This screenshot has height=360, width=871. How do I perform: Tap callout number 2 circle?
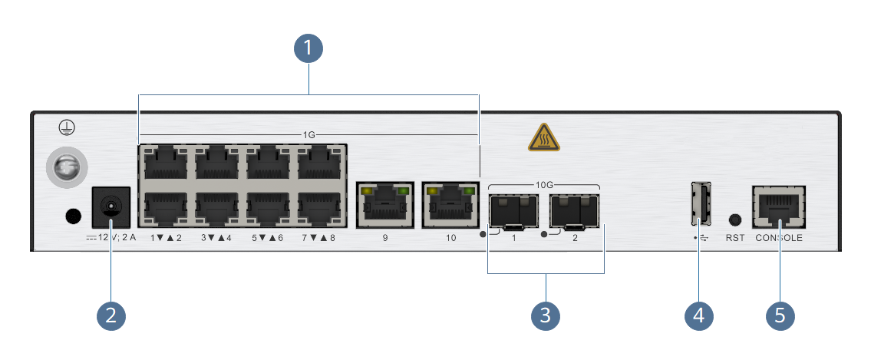click(111, 315)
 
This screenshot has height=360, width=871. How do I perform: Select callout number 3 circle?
click(546, 315)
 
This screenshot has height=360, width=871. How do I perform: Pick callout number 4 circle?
click(699, 315)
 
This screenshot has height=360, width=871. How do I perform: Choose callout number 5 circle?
click(780, 315)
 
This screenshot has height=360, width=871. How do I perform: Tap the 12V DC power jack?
click(111, 206)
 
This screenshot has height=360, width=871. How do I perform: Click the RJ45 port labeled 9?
click(385, 205)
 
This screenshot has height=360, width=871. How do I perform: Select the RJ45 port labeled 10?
click(451, 205)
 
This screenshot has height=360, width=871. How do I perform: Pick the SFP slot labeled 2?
click(575, 212)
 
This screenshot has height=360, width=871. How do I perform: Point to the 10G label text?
click(543, 185)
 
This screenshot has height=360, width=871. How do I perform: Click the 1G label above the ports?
click(308, 135)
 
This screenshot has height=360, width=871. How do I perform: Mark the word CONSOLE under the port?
click(779, 238)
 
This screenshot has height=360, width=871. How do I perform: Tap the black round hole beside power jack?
click(73, 216)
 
